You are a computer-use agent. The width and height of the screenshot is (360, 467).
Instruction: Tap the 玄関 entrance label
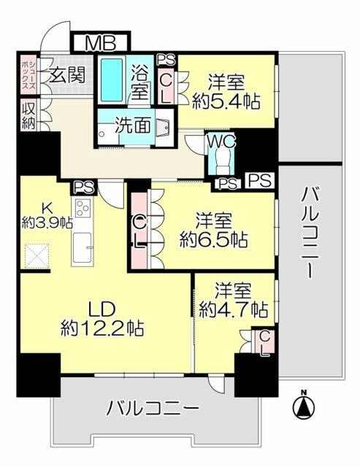point(67,74)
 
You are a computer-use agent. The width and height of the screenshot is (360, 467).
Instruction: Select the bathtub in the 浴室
point(112,80)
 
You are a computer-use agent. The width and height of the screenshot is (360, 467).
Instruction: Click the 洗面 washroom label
point(133,126)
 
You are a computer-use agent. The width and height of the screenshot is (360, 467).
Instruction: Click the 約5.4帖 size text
point(226,101)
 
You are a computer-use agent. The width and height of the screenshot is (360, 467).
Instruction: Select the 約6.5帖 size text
point(213,239)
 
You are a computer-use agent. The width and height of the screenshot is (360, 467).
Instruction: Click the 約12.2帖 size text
point(102,328)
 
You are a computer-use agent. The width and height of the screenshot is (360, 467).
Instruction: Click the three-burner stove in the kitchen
point(83,207)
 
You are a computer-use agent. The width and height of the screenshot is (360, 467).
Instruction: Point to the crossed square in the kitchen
point(37,256)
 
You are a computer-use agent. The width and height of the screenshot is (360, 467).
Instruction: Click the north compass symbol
point(304,407)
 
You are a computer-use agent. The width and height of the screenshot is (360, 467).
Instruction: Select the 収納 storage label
point(28,115)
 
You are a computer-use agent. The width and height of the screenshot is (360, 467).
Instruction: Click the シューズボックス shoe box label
point(29,74)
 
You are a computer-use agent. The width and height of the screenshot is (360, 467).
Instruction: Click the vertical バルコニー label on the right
point(309,235)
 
